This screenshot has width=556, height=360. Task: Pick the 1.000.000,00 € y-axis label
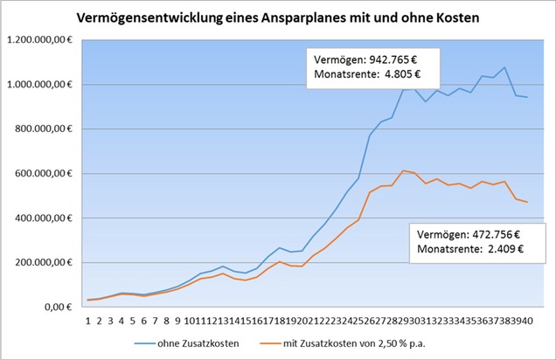[x=41, y=85]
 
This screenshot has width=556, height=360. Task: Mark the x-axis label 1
[x=88, y=320]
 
